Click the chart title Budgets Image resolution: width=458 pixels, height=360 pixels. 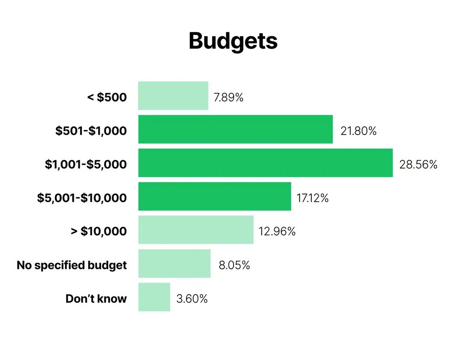[233, 41]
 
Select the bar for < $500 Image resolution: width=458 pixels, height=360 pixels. [173, 96]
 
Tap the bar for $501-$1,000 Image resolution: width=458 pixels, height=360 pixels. [235, 129]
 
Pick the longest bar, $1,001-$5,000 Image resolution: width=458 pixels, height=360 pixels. [266, 163]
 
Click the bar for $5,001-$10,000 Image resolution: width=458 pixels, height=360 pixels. [215, 196]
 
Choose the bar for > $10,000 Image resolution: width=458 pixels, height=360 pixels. [196, 230]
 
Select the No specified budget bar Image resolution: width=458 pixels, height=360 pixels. [174, 263]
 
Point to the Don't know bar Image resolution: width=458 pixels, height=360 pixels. [154, 297]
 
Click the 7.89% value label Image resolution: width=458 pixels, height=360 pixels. [229, 97]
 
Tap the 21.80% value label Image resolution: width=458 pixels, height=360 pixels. [358, 131]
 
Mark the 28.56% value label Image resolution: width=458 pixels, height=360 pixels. [418, 165]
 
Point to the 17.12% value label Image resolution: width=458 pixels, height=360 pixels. [313, 198]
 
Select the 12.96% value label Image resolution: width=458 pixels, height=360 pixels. [277, 232]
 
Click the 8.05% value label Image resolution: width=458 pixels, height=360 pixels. [234, 265]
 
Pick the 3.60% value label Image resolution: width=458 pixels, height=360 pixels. [192, 299]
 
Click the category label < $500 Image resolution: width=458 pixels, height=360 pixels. [107, 97]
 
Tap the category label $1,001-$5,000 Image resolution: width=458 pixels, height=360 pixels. [86, 165]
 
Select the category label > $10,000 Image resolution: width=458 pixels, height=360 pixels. [99, 231]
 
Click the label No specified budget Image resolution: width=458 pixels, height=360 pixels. [72, 265]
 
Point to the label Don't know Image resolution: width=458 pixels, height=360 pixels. [96, 299]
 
